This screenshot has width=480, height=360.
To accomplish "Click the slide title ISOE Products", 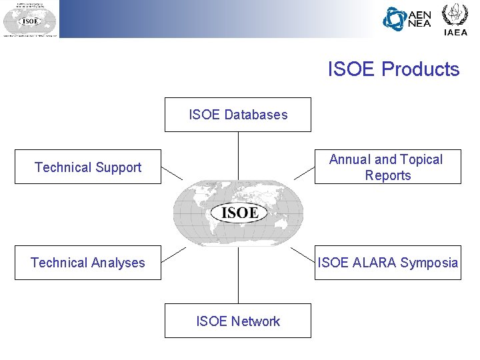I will tap(393, 69).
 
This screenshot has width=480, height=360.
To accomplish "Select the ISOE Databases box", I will tap(238, 115).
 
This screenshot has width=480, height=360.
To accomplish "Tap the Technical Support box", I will tap(88, 167).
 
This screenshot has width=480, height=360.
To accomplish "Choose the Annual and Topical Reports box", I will tap(387, 167).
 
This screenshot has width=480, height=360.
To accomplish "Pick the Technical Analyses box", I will tap(88, 263).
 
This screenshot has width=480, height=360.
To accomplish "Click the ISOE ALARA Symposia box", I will tap(387, 263).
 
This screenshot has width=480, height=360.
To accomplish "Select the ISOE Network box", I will tap(238, 321).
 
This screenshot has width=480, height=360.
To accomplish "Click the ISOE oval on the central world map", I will tap(239, 213).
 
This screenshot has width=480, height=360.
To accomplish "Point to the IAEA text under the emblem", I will tap(455, 32).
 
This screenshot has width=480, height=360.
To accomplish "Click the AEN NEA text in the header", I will tap(419, 19).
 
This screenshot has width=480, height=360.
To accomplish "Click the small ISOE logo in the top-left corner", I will tap(29, 19).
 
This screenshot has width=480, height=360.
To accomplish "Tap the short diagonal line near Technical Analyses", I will tap(174, 254).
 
